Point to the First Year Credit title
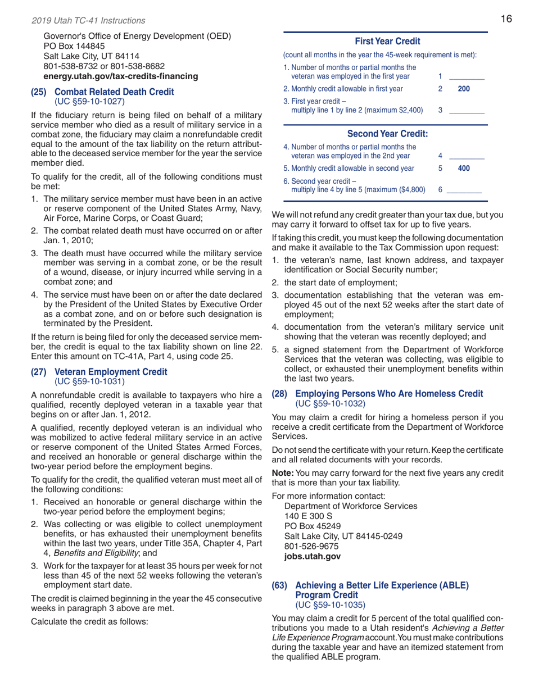click(385, 42)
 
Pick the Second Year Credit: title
click(385, 134)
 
